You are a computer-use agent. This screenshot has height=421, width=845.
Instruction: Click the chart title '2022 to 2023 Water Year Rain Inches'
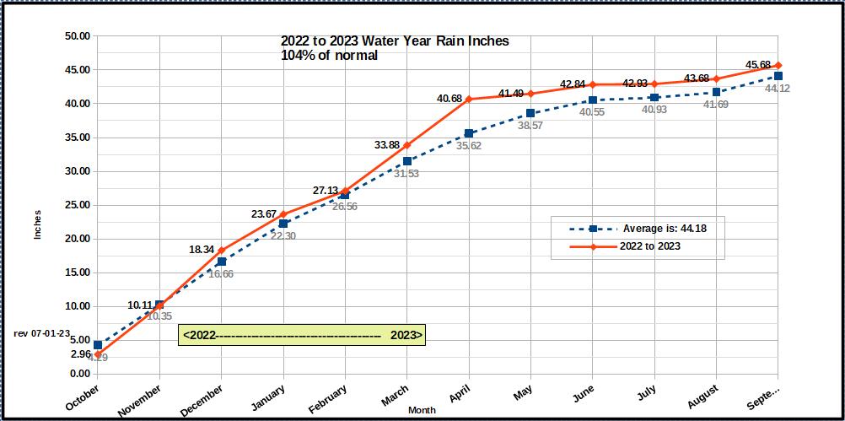(395, 41)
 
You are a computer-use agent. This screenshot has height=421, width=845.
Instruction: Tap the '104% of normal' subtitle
(329, 56)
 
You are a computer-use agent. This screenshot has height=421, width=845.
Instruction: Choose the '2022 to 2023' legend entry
(650, 246)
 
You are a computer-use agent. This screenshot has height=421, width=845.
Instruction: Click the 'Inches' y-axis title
(37, 224)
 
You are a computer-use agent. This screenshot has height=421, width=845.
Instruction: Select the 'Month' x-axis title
(422, 410)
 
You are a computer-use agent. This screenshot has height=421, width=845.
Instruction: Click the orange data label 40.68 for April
(449, 99)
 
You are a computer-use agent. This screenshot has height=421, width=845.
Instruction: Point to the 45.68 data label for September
(757, 65)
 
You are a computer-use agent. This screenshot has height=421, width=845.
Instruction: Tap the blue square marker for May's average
(530, 113)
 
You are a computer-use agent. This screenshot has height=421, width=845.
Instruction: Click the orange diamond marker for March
(406, 145)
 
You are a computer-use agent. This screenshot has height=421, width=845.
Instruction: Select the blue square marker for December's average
(221, 262)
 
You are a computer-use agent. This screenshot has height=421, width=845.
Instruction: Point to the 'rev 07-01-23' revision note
(42, 333)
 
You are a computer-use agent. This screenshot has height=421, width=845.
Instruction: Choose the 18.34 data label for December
(206, 250)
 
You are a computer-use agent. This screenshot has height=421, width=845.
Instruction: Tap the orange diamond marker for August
(716, 78)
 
